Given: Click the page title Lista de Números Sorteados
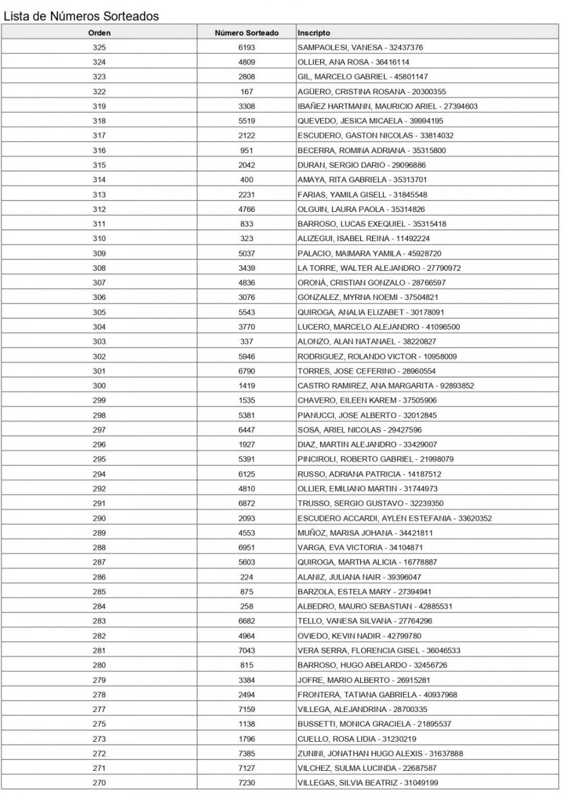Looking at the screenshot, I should click(x=81, y=17).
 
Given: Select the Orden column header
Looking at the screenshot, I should click(x=99, y=33).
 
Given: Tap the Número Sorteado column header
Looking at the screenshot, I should click(x=247, y=33).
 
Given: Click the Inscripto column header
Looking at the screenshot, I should click(x=314, y=33).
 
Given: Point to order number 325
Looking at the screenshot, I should click(x=99, y=47).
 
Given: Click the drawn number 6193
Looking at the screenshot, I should click(x=247, y=47).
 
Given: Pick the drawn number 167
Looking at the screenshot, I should click(x=247, y=91).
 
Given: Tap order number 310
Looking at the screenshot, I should click(x=99, y=238).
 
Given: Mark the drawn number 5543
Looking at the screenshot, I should click(x=247, y=312).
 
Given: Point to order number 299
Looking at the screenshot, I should click(x=99, y=401).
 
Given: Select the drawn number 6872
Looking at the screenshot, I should click(x=247, y=503).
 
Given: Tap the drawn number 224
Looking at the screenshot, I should click(x=247, y=577).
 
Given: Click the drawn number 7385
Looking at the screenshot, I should click(x=247, y=753).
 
